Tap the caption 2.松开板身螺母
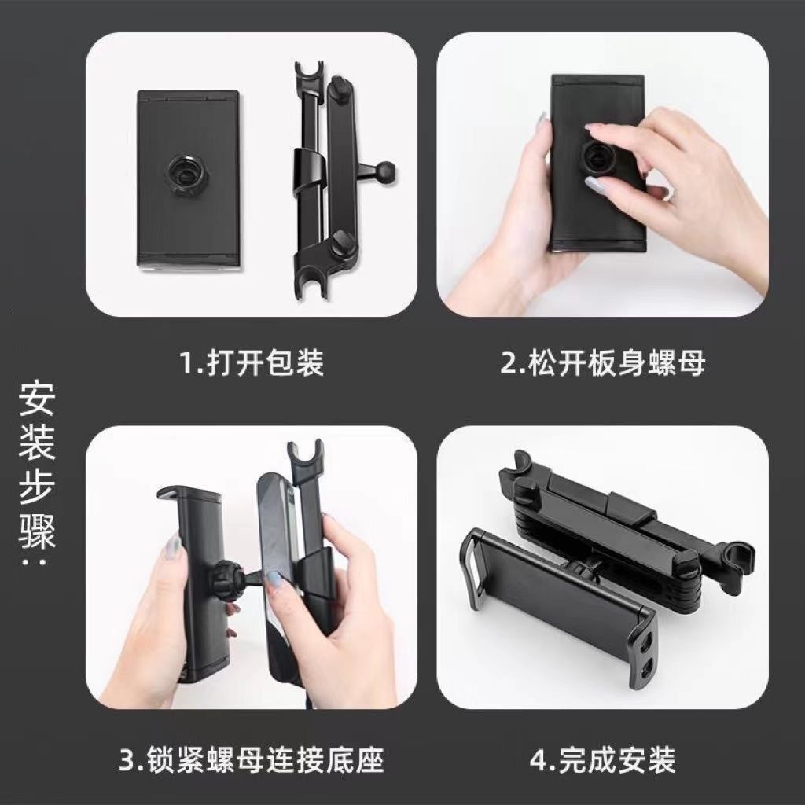coord(603,362)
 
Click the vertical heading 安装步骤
coord(37,472)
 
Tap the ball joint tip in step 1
coord(386,168)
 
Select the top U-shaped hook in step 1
coord(309,72)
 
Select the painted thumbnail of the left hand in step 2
coord(542,123)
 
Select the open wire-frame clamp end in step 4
coord(472,564)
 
